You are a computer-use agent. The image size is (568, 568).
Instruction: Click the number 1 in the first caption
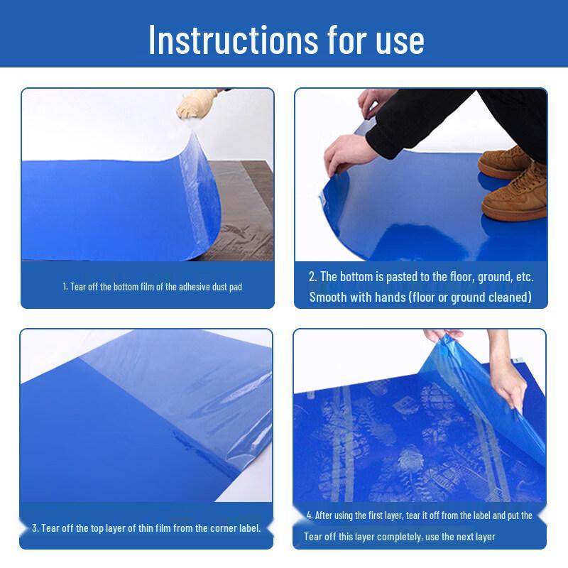[x=65, y=288]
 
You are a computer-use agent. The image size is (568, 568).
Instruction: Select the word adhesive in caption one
[x=190, y=288]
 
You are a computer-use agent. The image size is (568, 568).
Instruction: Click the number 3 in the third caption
[x=35, y=528]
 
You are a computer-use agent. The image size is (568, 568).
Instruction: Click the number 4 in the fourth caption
[x=310, y=515]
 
